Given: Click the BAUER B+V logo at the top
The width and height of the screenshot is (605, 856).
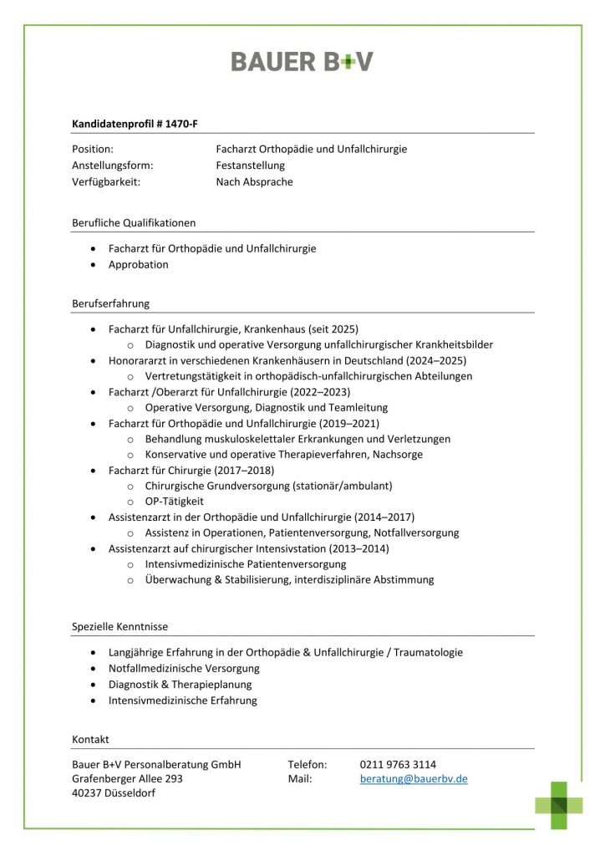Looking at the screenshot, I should (x=302, y=61).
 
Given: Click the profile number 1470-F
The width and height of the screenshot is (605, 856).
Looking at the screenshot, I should (x=181, y=125).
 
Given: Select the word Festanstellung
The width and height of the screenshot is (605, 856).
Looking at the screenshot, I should (x=250, y=166).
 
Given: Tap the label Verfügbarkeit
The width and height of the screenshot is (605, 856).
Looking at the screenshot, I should (x=106, y=181).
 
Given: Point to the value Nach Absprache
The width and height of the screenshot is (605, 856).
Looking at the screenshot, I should (x=254, y=181).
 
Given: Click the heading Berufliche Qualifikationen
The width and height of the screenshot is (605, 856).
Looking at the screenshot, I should (x=134, y=222).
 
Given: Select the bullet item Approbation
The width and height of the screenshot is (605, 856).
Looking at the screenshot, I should (x=138, y=264).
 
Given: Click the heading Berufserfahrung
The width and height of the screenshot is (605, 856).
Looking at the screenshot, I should (x=110, y=303).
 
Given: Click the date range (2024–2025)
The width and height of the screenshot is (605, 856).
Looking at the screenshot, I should (x=436, y=360).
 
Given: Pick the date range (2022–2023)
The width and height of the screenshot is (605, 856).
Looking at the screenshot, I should (x=320, y=391).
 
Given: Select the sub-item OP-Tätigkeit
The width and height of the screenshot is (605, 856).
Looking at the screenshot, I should (x=174, y=501).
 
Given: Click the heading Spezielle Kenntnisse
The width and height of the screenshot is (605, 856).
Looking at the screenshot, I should (x=119, y=626).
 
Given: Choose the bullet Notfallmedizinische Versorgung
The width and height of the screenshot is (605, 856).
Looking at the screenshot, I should (x=184, y=668).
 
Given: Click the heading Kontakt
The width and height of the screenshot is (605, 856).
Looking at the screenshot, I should (x=90, y=739).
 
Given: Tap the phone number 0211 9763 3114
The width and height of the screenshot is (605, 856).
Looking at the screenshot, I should (x=398, y=764).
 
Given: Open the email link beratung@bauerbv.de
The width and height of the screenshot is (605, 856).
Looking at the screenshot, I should (x=414, y=778).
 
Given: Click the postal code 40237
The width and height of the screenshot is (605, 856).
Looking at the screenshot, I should (x=87, y=792).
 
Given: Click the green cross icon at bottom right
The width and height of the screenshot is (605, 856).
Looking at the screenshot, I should (x=559, y=804).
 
